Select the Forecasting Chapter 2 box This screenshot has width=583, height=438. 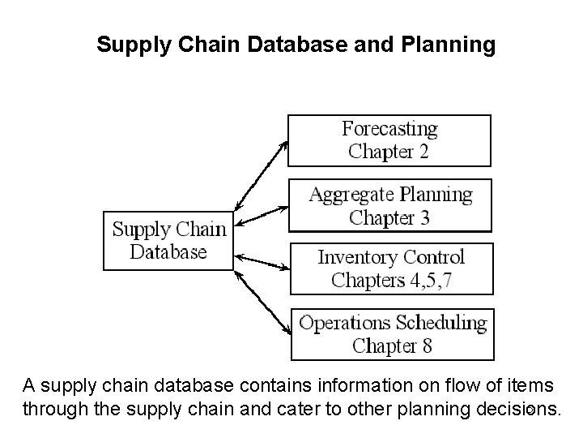(x=389, y=140)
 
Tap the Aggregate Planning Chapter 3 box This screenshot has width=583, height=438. (x=389, y=205)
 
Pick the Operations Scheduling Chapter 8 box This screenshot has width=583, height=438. (x=392, y=334)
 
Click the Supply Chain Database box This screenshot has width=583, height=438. (x=168, y=240)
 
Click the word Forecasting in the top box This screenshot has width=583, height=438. (x=389, y=129)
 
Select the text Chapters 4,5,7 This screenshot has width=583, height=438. (x=390, y=280)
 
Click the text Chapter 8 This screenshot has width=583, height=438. (x=392, y=346)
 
